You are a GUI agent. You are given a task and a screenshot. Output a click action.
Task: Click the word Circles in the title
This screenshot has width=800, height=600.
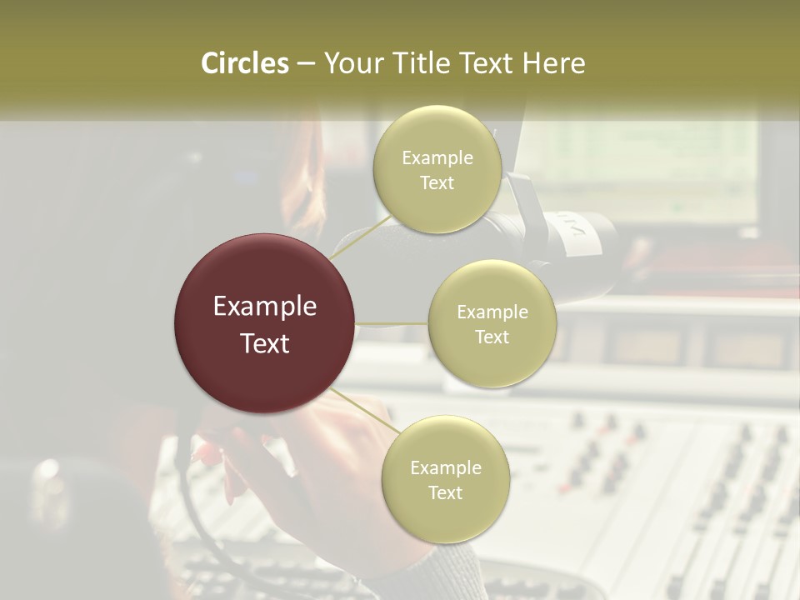click(245, 63)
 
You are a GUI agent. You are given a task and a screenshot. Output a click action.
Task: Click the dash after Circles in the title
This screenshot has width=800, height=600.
click(306, 64)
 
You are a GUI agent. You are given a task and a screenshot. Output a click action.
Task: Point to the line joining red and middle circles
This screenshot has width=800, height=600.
click(392, 323)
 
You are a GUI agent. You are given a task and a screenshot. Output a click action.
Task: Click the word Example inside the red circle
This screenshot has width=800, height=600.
click(265, 307)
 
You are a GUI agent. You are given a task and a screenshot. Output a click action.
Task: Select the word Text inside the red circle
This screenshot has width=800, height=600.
click(265, 343)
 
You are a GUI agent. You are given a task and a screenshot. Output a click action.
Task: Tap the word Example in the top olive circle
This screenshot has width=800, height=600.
click(437, 158)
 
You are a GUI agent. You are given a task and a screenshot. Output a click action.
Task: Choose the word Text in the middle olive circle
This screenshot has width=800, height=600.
click(492, 337)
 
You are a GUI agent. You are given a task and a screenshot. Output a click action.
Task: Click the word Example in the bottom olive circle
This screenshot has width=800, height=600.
click(445, 468)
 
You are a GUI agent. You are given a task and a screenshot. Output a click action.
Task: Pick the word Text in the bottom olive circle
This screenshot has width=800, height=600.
click(445, 493)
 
